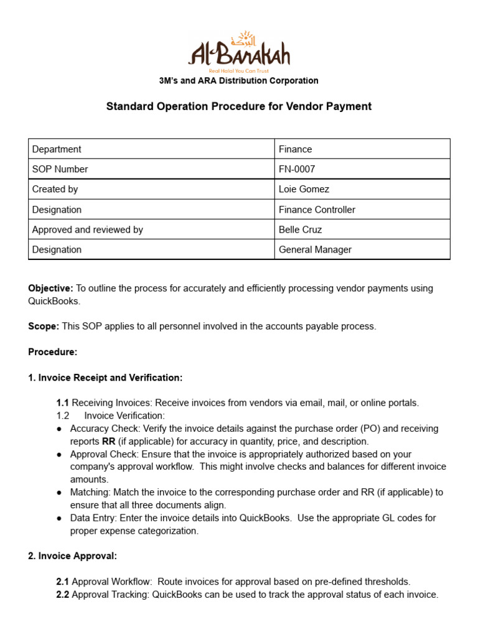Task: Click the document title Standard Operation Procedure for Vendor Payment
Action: coord(239,106)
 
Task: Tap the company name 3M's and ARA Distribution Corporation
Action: coord(239,81)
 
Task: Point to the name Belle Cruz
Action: coord(300,230)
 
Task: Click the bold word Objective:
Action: coord(50,289)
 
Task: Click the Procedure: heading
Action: coord(53,352)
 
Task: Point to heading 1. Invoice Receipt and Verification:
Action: coord(105,378)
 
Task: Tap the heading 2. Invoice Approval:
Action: coord(72,556)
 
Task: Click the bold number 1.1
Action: coord(62,403)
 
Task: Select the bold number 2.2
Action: coord(62,595)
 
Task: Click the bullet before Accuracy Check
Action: coord(59,429)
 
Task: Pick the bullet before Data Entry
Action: coord(59,518)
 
